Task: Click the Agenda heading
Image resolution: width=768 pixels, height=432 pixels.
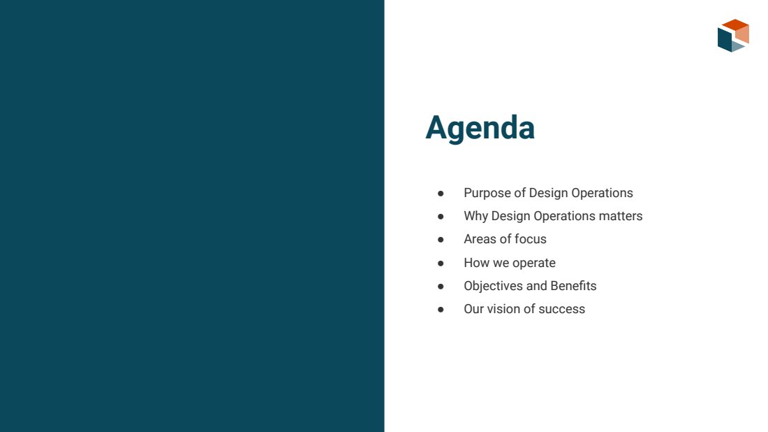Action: [x=480, y=128]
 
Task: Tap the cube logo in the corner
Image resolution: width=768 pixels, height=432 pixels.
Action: [x=733, y=36]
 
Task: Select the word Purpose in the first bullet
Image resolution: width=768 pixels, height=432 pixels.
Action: [x=487, y=193]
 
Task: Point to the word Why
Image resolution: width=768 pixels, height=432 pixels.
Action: [x=475, y=216]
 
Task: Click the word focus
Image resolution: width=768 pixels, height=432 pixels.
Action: [x=531, y=239]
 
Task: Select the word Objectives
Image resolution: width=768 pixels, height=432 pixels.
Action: [x=493, y=286]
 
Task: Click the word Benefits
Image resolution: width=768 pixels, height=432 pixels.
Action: [x=573, y=286]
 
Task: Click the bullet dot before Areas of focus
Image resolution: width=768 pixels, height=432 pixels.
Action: [x=441, y=240]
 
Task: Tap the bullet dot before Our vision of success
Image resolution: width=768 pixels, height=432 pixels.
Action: [x=441, y=310]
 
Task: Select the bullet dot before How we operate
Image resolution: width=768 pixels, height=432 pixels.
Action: [x=441, y=264]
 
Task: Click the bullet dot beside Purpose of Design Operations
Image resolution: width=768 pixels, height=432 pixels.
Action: [x=441, y=194]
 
